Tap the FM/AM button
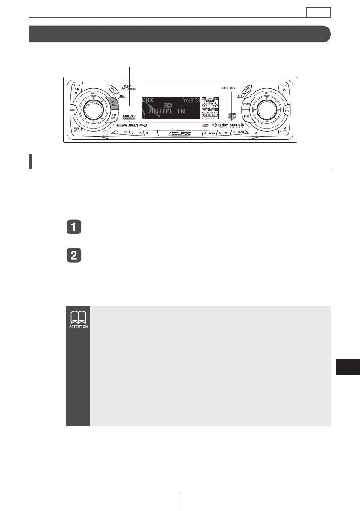[114, 117]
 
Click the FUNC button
[247, 88]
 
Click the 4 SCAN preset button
[209, 133]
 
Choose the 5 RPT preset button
[223, 133]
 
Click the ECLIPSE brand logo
[180, 133]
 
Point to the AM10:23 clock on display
[191, 100]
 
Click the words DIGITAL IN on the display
[166, 111]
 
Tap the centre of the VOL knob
[94, 110]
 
